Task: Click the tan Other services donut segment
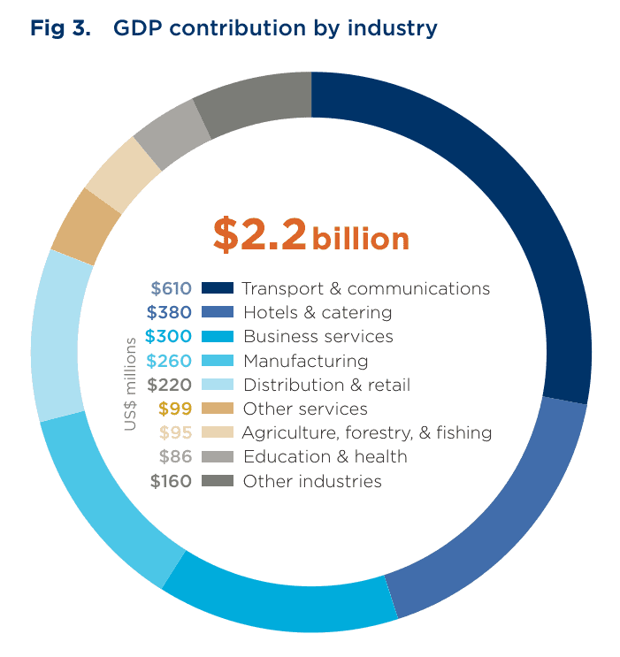coord(85,225)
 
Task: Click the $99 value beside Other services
coord(175,409)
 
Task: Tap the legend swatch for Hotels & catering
coord(217,312)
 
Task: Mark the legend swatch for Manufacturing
coord(217,361)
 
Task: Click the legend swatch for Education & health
coord(217,457)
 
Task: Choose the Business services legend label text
coord(318,337)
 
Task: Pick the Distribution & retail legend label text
coord(326,385)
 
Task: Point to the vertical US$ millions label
coord(130,384)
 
